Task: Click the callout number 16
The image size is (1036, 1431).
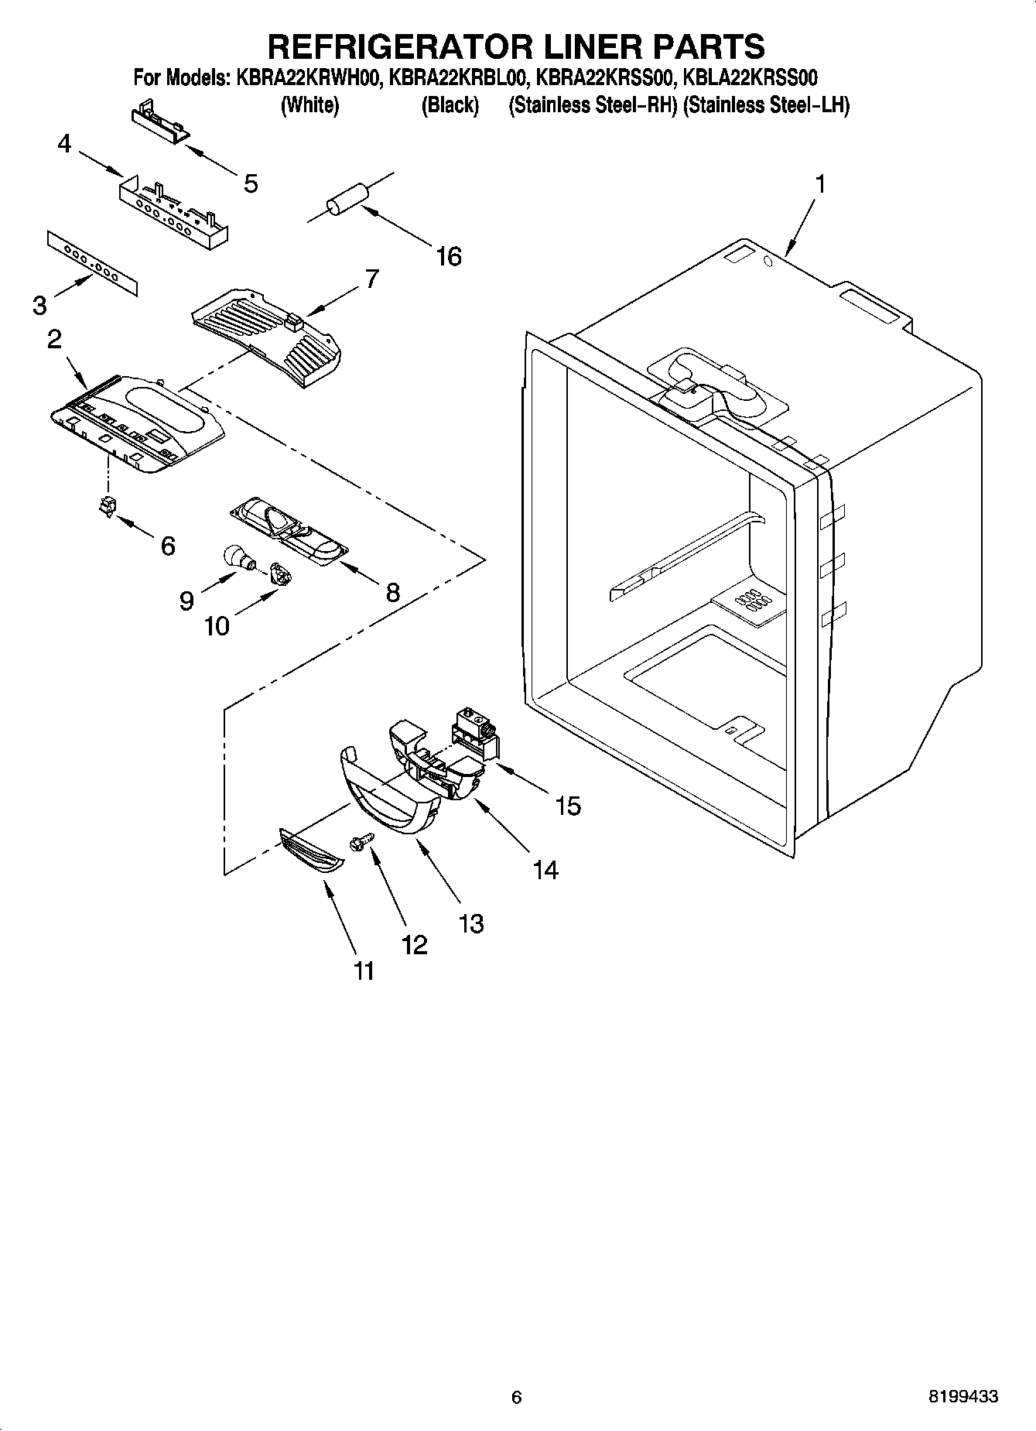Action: [448, 256]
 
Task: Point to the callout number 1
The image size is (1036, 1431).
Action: [819, 184]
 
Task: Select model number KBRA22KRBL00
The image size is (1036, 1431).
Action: [458, 77]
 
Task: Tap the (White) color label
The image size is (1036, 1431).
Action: [309, 105]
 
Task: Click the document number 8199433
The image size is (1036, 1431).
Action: [962, 1397]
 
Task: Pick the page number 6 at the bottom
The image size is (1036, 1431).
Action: [517, 1397]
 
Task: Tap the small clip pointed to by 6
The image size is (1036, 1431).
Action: [107, 506]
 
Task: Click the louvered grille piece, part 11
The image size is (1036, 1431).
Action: [311, 851]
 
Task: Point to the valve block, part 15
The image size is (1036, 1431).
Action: [475, 732]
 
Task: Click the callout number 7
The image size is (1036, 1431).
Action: [371, 279]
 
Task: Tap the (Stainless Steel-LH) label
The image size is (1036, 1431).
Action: [766, 105]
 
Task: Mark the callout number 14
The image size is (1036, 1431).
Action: [545, 870]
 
